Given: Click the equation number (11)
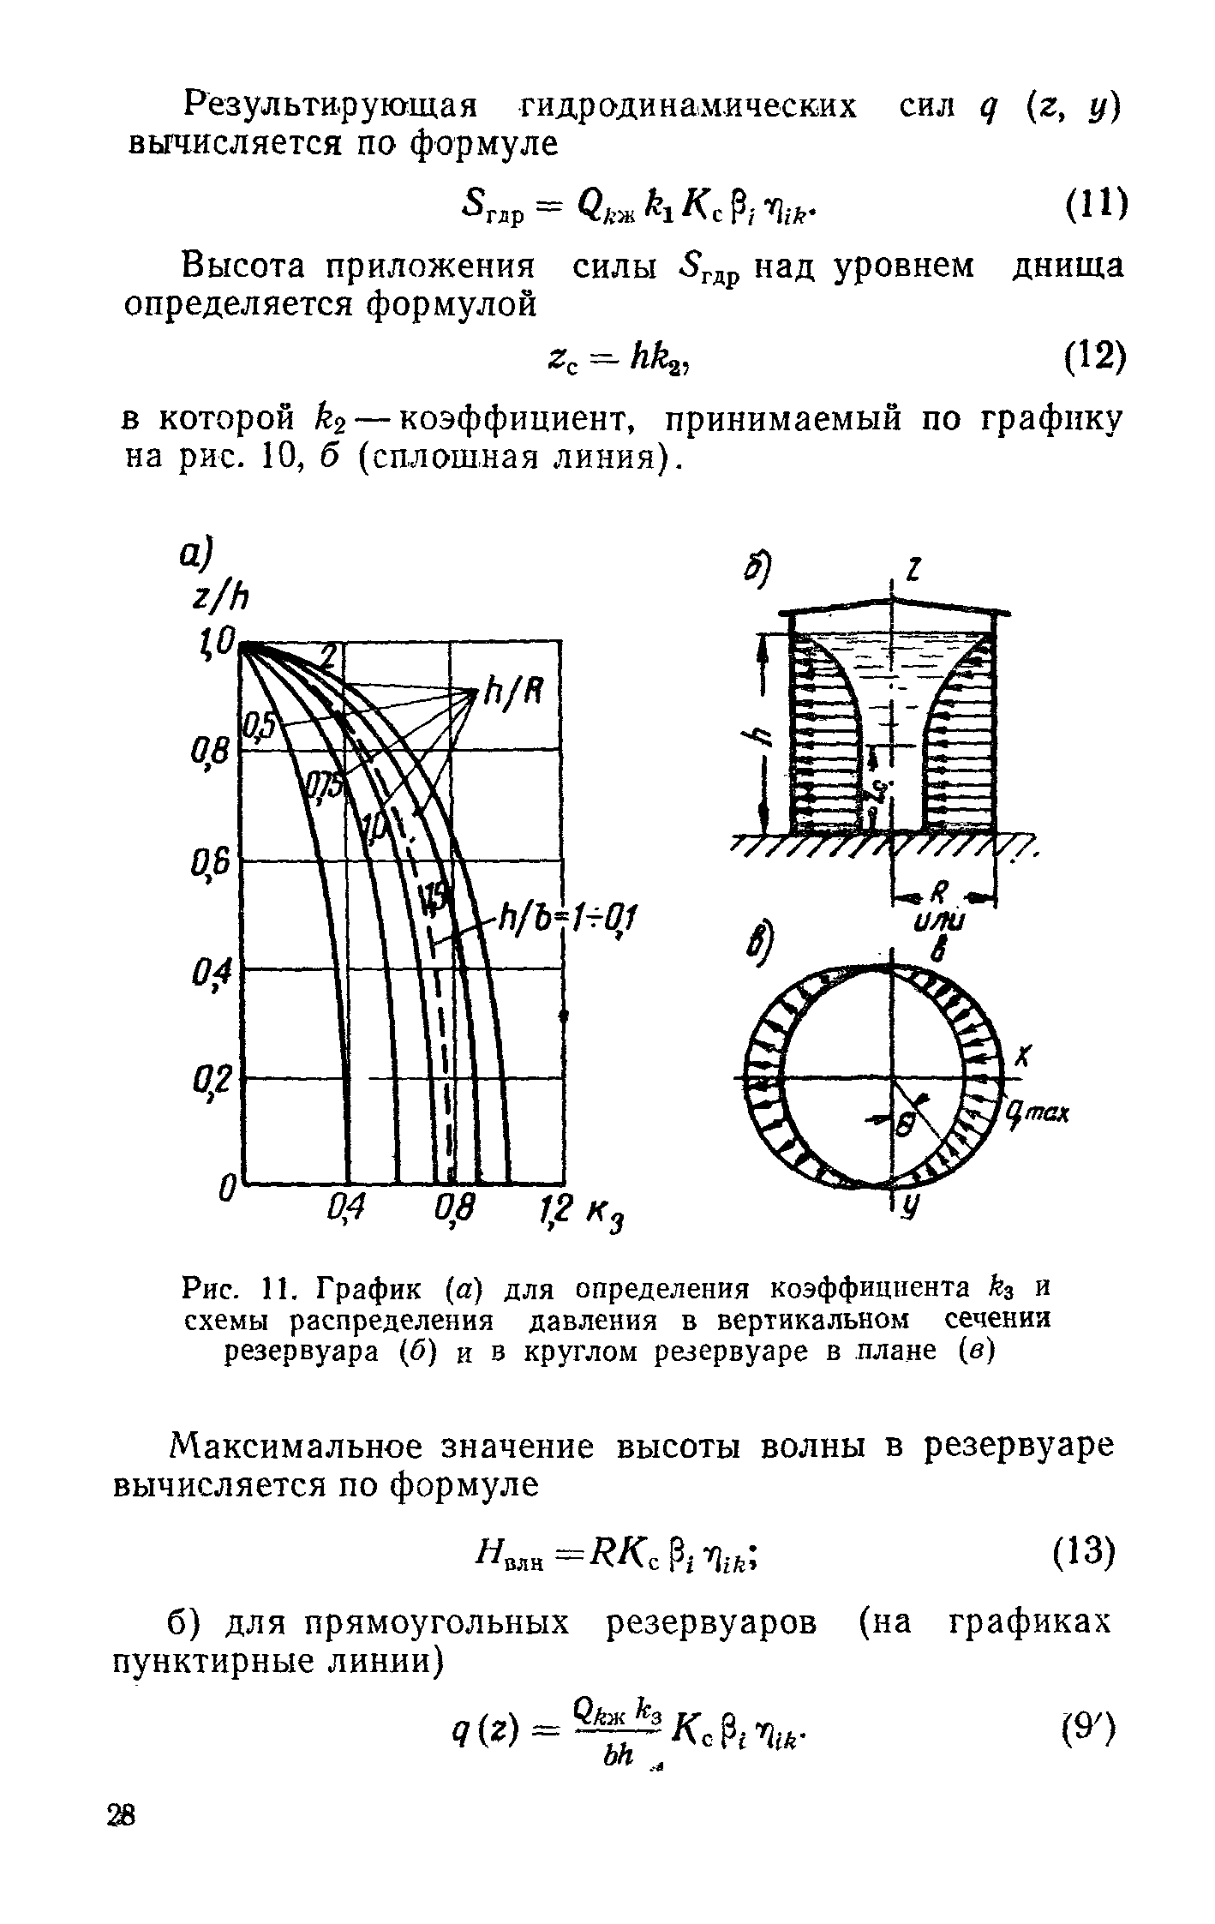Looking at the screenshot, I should tap(1086, 206).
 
